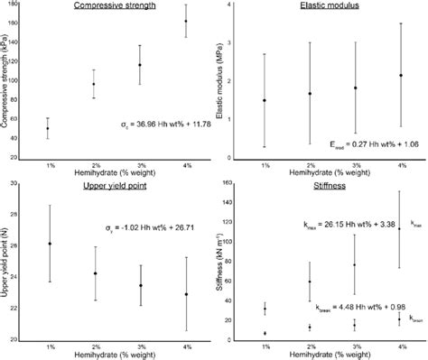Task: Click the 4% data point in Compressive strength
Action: coord(186,21)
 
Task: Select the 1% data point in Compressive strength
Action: coord(48,128)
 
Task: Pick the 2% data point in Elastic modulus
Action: coord(311,93)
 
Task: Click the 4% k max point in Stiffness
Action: coord(400,228)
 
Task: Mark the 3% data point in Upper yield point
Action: coord(140,285)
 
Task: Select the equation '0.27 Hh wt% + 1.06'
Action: coord(370,142)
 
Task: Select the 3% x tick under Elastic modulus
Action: coord(356,165)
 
